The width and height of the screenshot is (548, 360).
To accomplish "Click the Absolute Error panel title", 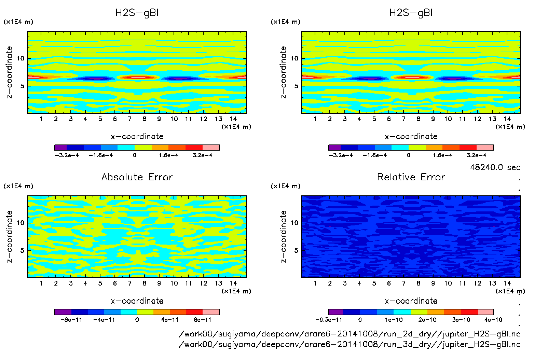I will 137,177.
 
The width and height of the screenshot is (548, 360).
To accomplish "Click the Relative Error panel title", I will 411,177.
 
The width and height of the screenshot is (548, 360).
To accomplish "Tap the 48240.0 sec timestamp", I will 495,167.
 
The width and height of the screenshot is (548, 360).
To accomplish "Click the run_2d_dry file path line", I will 350,334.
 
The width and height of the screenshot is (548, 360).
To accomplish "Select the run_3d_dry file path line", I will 350,344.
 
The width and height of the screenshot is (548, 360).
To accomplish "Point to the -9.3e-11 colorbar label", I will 328,320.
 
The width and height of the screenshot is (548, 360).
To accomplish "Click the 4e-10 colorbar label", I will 493,320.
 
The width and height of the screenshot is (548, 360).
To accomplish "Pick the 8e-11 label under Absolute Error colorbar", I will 203,320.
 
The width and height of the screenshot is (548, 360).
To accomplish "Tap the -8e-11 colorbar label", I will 71,320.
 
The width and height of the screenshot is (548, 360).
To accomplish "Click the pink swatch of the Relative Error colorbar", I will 485,312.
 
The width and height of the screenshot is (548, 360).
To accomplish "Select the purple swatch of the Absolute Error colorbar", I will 63,312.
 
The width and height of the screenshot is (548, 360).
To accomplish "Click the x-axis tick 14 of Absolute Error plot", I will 233,283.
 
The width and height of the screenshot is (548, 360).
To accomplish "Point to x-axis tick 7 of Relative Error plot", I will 403,283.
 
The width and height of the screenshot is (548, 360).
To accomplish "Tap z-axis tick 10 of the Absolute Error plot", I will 21,223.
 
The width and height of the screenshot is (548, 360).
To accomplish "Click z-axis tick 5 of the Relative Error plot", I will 296,250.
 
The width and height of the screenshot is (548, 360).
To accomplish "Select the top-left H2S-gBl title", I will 137,13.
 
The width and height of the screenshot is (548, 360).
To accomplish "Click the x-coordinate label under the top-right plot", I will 411,137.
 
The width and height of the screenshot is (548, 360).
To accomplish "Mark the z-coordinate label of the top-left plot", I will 9,72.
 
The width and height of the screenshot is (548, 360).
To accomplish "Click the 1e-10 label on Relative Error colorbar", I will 394,320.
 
